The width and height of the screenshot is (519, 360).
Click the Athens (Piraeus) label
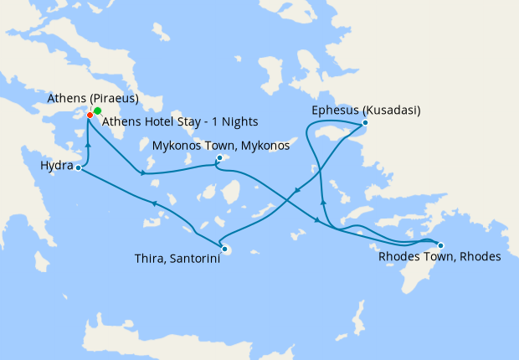coord(93,99)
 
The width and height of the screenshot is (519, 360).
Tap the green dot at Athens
coord(97,111)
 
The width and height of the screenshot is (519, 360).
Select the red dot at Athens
coord(90,115)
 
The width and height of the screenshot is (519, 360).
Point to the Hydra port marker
coord(78,168)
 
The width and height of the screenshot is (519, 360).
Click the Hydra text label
coord(56,167)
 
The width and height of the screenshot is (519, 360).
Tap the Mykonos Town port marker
coord(219,157)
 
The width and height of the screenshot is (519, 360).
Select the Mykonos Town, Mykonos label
coord(220,145)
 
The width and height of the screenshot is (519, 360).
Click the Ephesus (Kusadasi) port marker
coord(365,124)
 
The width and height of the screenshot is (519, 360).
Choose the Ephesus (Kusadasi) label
coord(365,111)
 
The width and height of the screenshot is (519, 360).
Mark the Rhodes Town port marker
coord(440,245)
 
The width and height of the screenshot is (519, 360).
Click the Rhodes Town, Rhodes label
coord(438,257)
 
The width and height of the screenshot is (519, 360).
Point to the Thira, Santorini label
coord(177,260)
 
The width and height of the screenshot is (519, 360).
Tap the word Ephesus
coord(334,111)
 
